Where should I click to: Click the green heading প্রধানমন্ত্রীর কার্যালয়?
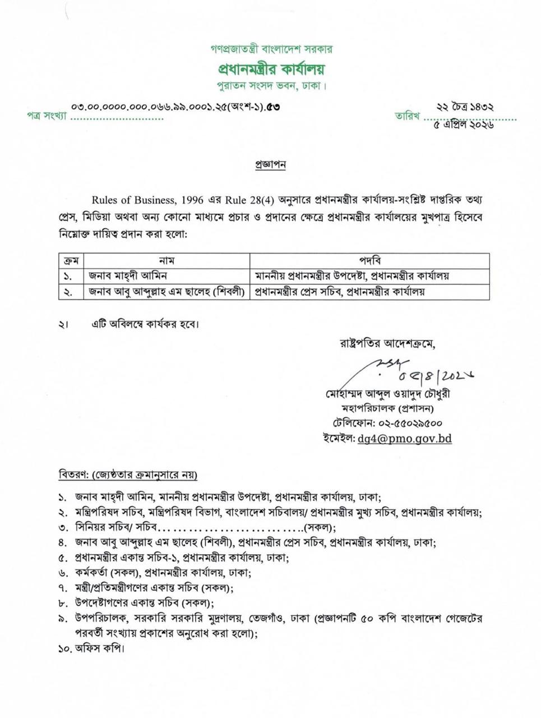[271, 70]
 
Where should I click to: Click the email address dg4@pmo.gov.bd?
[404, 439]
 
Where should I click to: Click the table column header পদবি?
[369, 261]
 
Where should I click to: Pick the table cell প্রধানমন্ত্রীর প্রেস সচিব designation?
[340, 292]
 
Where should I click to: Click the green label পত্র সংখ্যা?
[47, 116]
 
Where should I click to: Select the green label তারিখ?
[408, 116]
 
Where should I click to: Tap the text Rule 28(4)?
[249, 200]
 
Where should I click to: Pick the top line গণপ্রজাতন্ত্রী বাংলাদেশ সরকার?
[271, 49]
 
